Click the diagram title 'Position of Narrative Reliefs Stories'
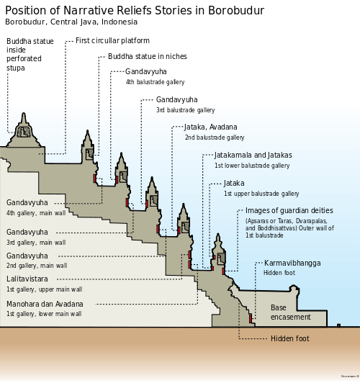pyautogui.click(x=135, y=10)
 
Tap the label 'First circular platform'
pyautogui.click(x=112, y=41)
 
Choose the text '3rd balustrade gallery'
pyautogui.click(x=185, y=110)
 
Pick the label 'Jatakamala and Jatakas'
pyautogui.click(x=253, y=155)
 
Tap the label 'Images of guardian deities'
pyautogui.click(x=289, y=211)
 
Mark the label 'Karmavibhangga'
pyautogui.click(x=292, y=263)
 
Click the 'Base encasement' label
pyautogui.click(x=290, y=312)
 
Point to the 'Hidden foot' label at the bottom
pyautogui.click(x=289, y=338)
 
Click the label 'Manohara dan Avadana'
pyautogui.click(x=45, y=305)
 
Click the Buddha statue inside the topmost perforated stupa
pyautogui.click(x=23, y=131)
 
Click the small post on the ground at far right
pyautogui.click(x=338, y=325)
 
